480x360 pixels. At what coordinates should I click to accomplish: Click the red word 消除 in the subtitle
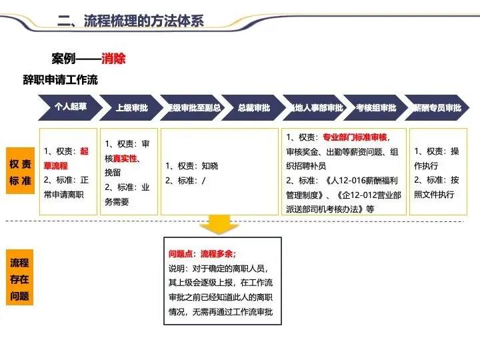pyautogui.click(x=113, y=59)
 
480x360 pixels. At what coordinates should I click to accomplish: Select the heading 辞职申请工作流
pyautogui.click(x=61, y=80)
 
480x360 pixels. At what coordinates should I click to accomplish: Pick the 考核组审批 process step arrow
pyautogui.click(x=375, y=107)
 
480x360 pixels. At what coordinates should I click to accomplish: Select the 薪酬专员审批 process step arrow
pyautogui.click(x=437, y=107)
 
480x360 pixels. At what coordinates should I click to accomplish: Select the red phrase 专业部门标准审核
pyautogui.click(x=355, y=138)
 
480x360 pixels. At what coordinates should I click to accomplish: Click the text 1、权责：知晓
pyautogui.click(x=192, y=165)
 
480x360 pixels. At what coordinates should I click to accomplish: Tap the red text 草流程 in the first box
pyautogui.click(x=56, y=165)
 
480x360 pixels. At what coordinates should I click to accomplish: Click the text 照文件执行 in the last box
pyautogui.click(x=434, y=194)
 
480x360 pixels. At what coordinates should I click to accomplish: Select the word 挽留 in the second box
pyautogui.click(x=113, y=173)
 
